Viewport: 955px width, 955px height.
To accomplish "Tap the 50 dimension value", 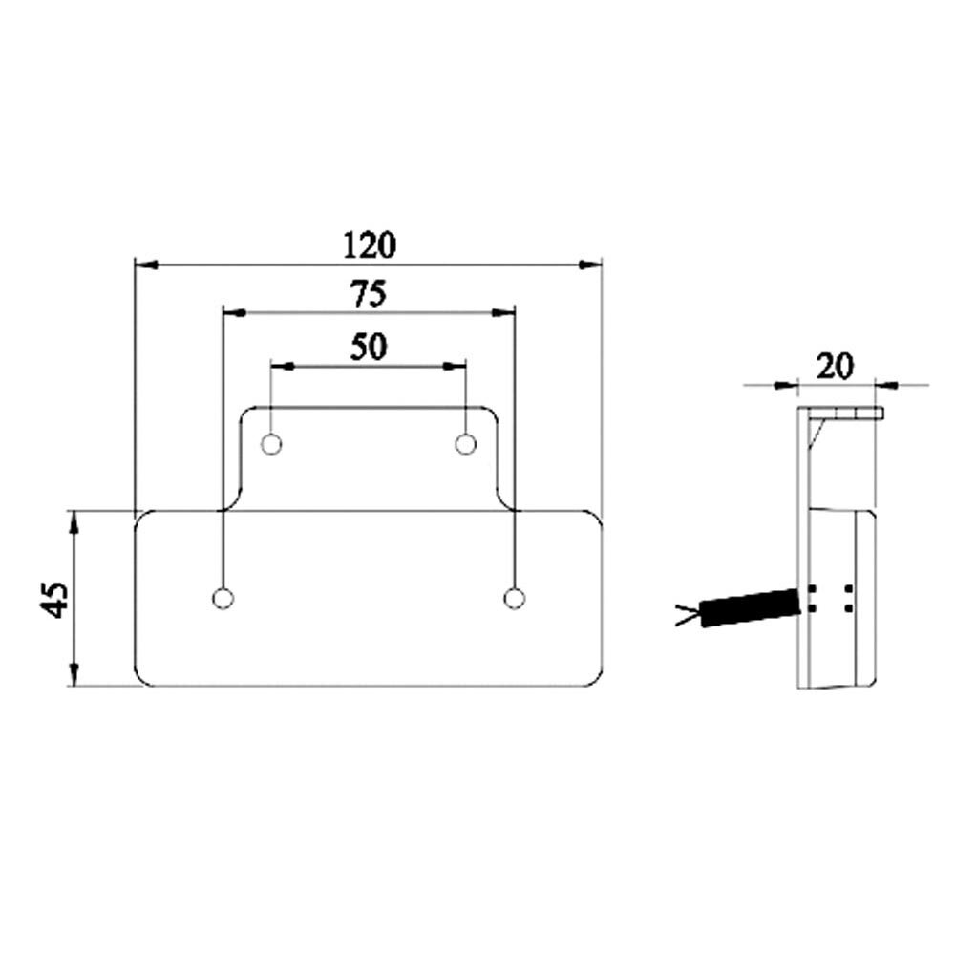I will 368,347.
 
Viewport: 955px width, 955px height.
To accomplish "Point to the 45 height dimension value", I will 56,599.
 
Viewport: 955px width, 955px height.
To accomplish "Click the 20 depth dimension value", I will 836,366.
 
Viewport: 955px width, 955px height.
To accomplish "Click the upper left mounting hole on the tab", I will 271,444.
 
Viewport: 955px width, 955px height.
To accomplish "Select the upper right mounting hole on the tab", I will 466,444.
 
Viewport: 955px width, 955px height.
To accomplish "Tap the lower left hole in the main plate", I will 222,598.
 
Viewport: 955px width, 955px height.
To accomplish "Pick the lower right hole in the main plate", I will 515,598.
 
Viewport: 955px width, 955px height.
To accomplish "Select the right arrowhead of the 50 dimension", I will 456,365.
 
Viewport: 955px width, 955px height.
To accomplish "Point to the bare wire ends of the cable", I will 687,616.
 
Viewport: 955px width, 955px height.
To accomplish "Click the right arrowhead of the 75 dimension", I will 503,312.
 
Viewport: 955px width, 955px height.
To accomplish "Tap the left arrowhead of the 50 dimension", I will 283,365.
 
